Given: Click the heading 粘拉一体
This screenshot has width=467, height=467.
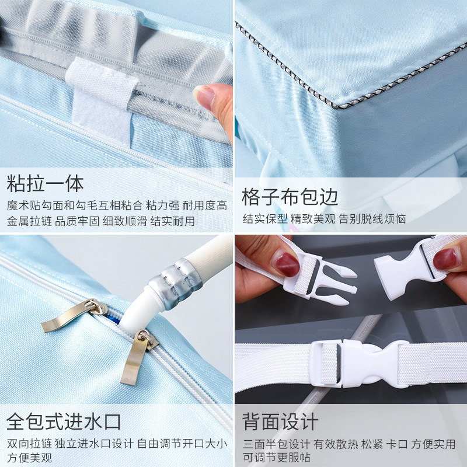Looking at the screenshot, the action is click(45, 183).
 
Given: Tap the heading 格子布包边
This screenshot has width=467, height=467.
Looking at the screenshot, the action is click(290, 197).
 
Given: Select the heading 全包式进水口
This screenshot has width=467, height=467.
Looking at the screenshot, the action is click(64, 421).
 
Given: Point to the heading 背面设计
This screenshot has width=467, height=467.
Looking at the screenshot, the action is click(280, 421).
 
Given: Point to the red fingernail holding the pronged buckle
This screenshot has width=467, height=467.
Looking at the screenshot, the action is click(285, 263).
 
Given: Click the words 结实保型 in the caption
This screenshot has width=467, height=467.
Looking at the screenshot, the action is click(265, 219).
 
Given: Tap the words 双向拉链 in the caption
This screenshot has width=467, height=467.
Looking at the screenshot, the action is click(29, 444).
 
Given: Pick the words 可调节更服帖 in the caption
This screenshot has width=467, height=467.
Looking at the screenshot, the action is click(276, 458).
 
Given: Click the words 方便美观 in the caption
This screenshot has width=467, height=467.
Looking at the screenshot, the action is click(29, 458).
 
